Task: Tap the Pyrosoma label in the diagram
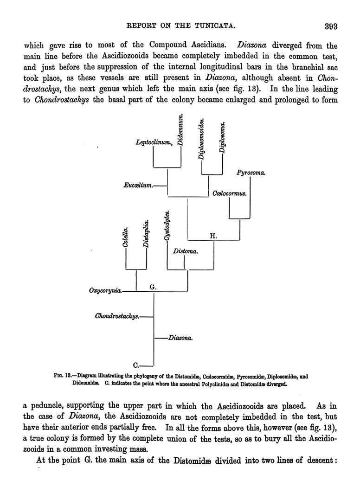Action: [251, 173]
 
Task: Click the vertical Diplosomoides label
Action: [202, 139]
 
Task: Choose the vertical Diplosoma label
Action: [223, 137]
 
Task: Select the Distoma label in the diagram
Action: [186, 252]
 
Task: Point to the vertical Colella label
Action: [126, 236]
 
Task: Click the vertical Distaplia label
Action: [146, 235]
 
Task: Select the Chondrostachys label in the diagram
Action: [117, 317]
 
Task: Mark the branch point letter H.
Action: [214, 236]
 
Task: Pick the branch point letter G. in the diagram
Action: [154, 287]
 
